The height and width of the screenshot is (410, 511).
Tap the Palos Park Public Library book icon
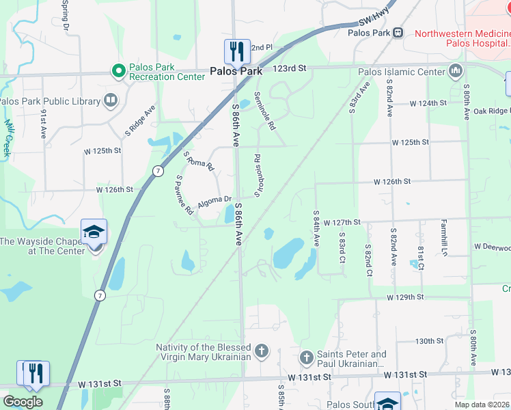coord(110,102)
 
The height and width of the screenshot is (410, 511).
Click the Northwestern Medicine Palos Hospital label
coord(462,38)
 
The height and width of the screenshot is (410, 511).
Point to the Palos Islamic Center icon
coord(456,71)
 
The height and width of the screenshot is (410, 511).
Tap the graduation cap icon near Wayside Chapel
coord(94,231)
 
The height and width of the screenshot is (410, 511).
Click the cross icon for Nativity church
coord(260,353)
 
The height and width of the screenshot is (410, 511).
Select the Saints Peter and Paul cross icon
coord(306,357)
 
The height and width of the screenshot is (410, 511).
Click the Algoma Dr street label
coord(215,201)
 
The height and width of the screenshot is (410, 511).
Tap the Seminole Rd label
coord(264,111)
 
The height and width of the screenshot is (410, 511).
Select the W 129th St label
coord(405,298)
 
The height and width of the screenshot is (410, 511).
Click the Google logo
coord(23,402)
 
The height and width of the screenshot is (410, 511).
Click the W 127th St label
coord(342,223)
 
